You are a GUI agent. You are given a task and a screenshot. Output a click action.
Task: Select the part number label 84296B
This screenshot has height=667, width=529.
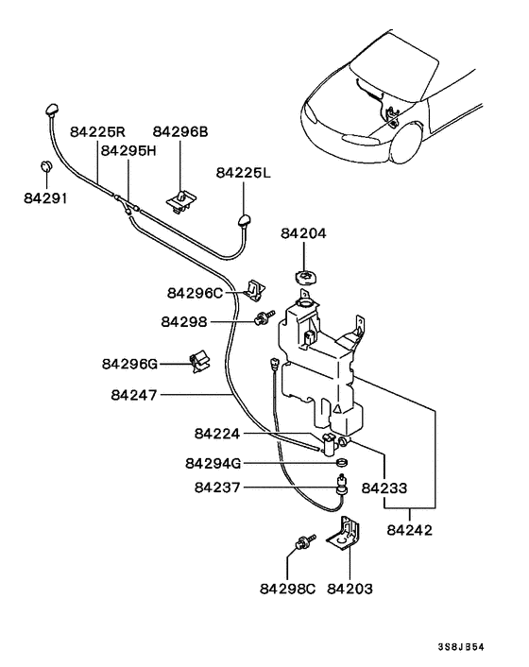coord(179,133)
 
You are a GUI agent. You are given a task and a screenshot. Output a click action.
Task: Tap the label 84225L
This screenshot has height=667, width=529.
coord(243,173)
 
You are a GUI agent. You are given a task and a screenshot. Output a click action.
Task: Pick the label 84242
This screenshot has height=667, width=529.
coord(409,530)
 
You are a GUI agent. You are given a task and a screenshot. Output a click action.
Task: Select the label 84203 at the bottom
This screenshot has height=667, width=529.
coord(350,588)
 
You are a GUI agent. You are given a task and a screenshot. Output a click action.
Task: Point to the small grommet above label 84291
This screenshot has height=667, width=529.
coord(45,168)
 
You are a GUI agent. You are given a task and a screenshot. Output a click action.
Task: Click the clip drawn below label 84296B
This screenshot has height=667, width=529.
coord(180,197)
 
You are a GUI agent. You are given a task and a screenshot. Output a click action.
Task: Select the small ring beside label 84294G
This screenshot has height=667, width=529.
coord(343,463)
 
